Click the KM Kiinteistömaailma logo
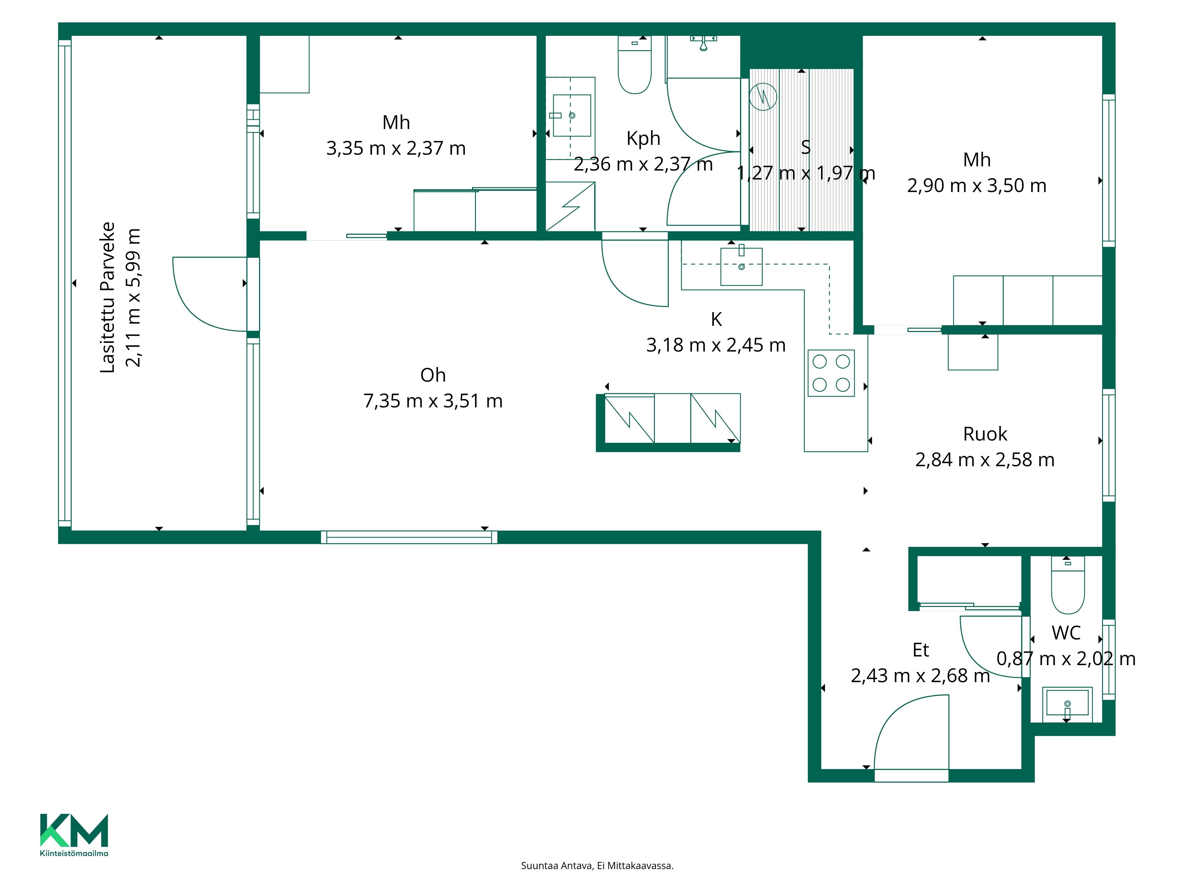click(74, 834)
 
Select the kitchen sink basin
click(741, 266)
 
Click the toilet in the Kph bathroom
click(634, 65)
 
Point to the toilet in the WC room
click(1067, 585)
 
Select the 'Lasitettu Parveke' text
click(108, 297)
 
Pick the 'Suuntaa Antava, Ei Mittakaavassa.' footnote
click(597, 866)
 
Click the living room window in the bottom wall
click(409, 537)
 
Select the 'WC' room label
click(1066, 633)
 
